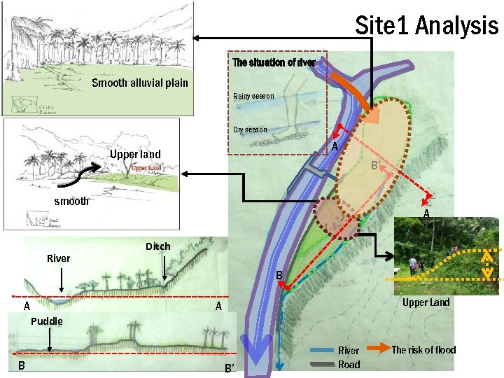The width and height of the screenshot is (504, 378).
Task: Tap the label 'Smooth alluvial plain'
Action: [x=140, y=83]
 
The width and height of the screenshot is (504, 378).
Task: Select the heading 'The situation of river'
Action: [x=274, y=62]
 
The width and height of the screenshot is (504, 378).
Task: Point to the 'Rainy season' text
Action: [x=253, y=96]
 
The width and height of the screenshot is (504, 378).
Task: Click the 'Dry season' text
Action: [x=250, y=129]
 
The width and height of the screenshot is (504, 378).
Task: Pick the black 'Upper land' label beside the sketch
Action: [x=135, y=154]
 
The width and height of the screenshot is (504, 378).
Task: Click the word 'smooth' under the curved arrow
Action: [x=72, y=201]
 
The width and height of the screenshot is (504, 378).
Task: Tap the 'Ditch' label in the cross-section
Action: [x=157, y=246]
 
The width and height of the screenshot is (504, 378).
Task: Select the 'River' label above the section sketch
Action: [x=58, y=258]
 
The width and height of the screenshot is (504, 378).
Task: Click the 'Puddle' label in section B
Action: [x=46, y=321]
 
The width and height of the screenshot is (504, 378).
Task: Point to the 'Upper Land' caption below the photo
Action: [x=426, y=302]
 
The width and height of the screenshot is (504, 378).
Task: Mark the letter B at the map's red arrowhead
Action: [x=278, y=276]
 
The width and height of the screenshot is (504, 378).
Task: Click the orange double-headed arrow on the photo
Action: [x=487, y=263]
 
